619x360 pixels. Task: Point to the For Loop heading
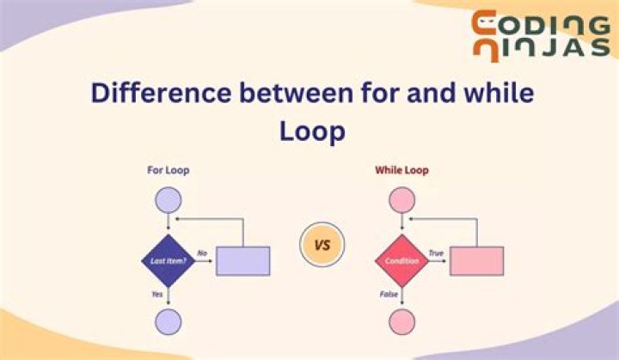pyautogui.click(x=169, y=170)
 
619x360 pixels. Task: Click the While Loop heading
pyautogui.click(x=401, y=170)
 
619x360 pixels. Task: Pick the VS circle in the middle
pyautogui.click(x=322, y=245)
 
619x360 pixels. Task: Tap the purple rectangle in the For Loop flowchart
pyautogui.click(x=242, y=260)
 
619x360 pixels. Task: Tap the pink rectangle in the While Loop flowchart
pyautogui.click(x=475, y=260)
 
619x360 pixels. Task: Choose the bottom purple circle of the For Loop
pyautogui.click(x=169, y=322)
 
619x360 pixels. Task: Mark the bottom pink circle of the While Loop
pyautogui.click(x=402, y=322)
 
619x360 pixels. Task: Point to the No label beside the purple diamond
pyautogui.click(x=203, y=253)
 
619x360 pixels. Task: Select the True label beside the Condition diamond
pyautogui.click(x=437, y=253)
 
